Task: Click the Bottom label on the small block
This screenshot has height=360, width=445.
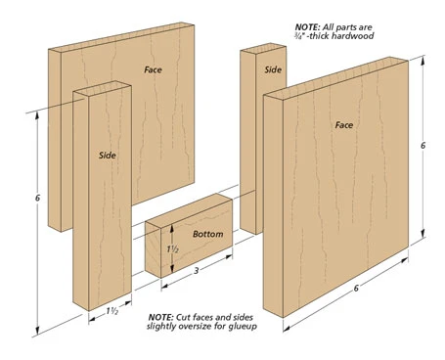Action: click(x=208, y=234)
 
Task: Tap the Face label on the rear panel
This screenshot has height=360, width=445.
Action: click(x=153, y=69)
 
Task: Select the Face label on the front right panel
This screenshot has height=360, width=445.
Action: click(x=344, y=125)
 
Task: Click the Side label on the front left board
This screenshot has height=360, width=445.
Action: click(x=108, y=156)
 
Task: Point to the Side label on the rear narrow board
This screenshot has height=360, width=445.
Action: click(x=273, y=69)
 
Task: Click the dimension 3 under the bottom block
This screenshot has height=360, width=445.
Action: click(x=197, y=270)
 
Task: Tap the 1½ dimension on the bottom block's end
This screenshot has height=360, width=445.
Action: click(x=173, y=249)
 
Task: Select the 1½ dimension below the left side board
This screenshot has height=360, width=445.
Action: click(x=111, y=311)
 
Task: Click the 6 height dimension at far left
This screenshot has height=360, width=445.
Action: click(x=37, y=198)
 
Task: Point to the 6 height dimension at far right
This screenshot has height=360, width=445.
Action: click(x=423, y=146)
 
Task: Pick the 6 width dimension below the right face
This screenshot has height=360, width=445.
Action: click(x=356, y=288)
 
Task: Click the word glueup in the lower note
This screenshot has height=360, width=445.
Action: click(x=244, y=326)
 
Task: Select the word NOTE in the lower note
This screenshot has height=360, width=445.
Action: click(x=160, y=317)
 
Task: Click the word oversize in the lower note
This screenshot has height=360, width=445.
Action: click(x=197, y=326)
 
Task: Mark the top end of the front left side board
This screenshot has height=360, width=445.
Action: click(x=102, y=88)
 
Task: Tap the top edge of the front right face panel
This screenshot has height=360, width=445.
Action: click(x=335, y=78)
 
